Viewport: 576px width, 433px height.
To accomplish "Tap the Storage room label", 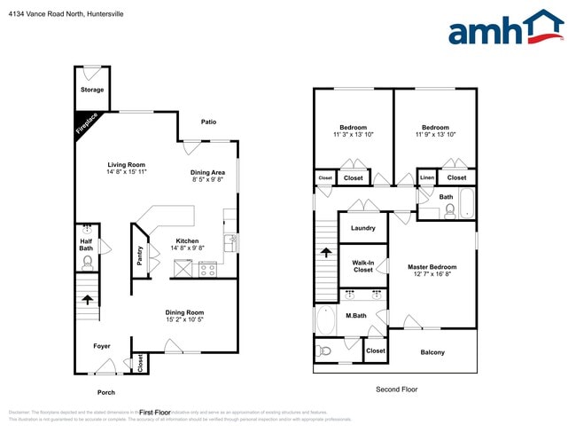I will pyautogui.click(x=92, y=90).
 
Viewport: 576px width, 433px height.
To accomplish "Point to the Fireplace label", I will pyautogui.click(x=88, y=124).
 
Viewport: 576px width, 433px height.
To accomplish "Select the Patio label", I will pyautogui.click(x=208, y=122).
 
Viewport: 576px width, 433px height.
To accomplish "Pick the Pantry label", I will pyautogui.click(x=139, y=256).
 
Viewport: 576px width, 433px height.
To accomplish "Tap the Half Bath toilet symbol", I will pyautogui.click(x=87, y=262).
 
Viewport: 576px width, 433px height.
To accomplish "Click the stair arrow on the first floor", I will pyautogui.click(x=87, y=300).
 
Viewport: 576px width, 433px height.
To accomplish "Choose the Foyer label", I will pyautogui.click(x=103, y=345).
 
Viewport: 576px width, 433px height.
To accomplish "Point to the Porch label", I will pyautogui.click(x=105, y=391).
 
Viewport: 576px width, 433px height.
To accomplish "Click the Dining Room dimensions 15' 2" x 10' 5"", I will pyautogui.click(x=184, y=319).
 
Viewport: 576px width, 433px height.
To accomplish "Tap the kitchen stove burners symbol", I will pyautogui.click(x=209, y=270).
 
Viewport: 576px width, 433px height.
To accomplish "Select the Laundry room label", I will pyautogui.click(x=362, y=228).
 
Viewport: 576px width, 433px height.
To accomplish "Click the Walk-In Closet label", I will pyautogui.click(x=362, y=266).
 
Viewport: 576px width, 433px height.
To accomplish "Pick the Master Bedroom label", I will pyautogui.click(x=432, y=267).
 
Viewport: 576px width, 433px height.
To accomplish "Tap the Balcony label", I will pyautogui.click(x=432, y=352).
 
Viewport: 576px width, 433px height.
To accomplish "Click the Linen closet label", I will pyautogui.click(x=427, y=177).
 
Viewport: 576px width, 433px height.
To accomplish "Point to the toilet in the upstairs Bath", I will pyautogui.click(x=450, y=210).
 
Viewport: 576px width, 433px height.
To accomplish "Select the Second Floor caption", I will pyautogui.click(x=396, y=389).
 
